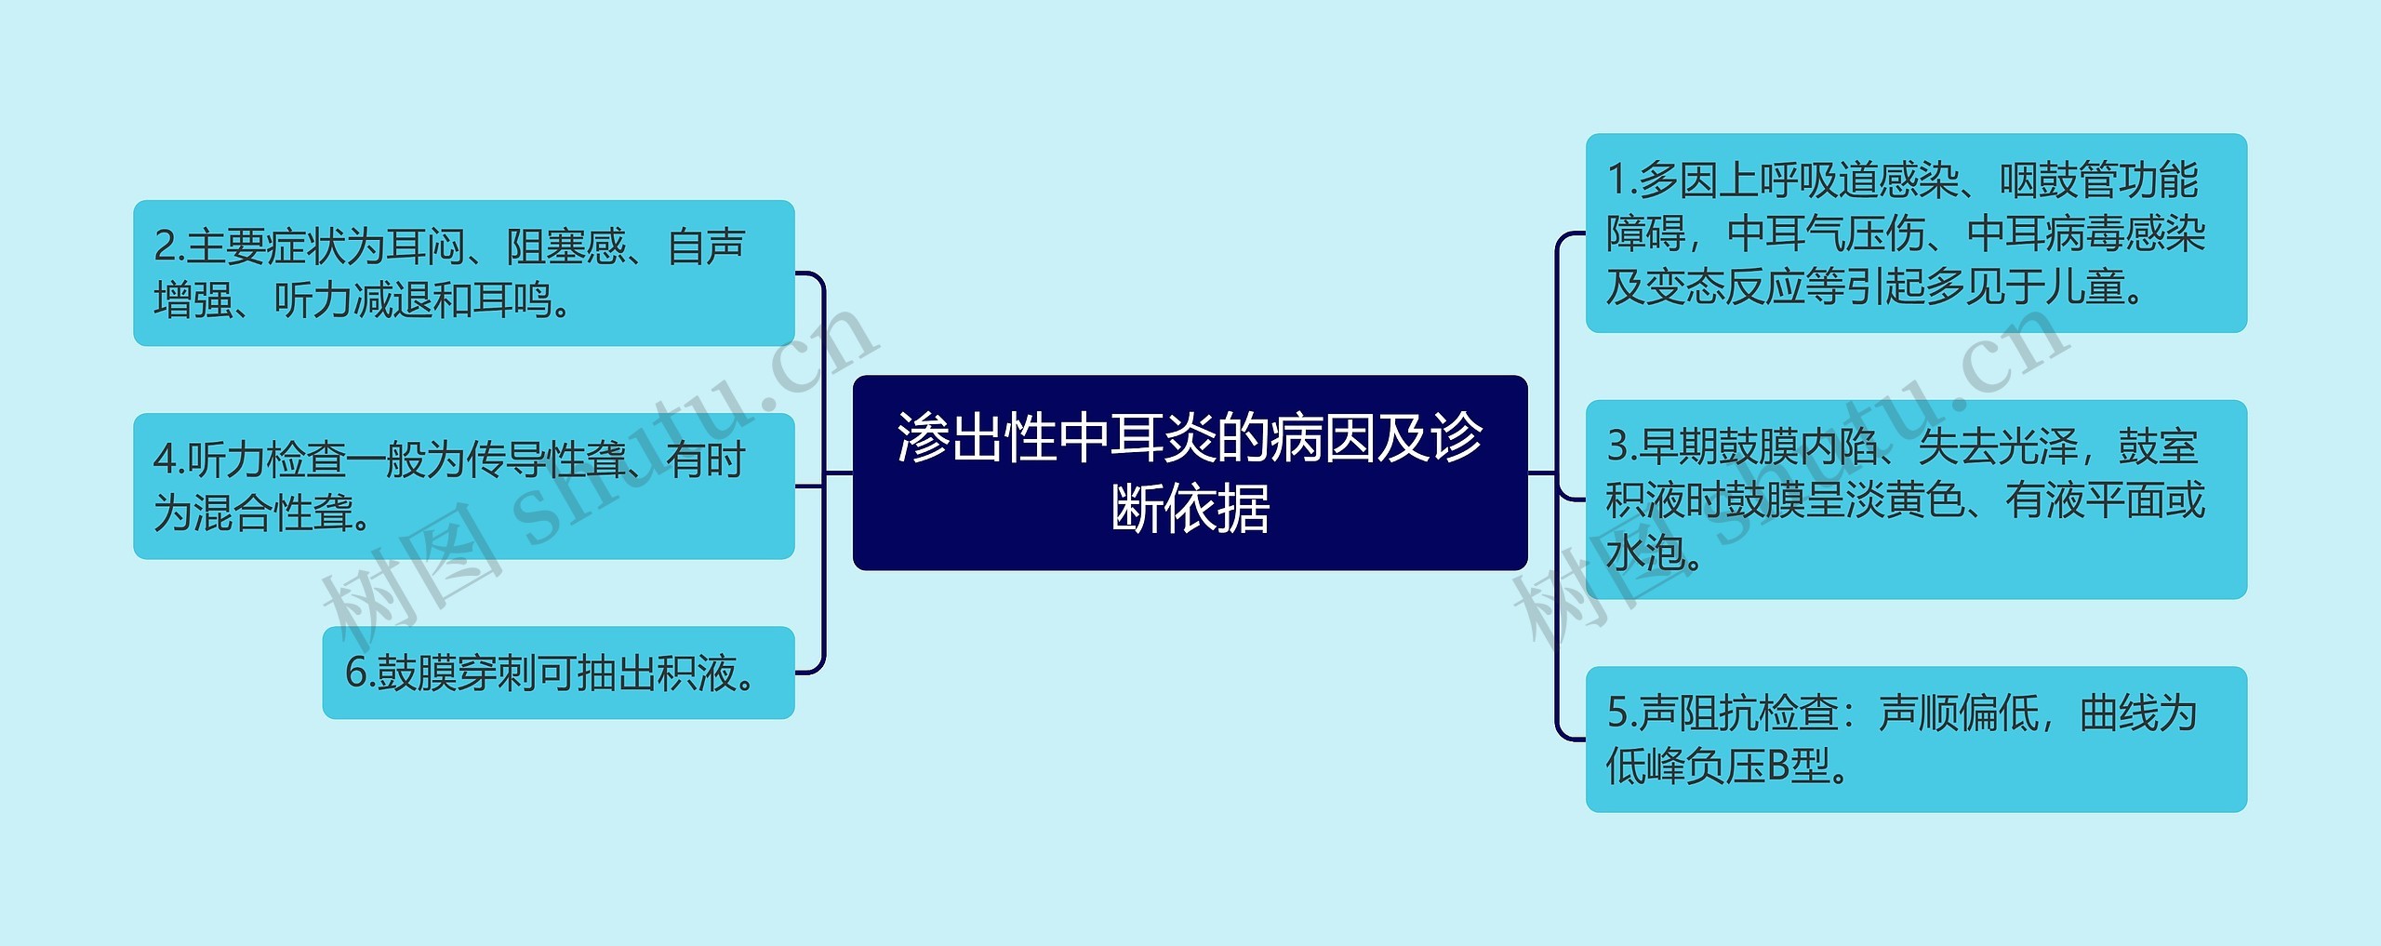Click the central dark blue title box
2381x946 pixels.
1190,472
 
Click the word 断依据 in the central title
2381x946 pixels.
1190,509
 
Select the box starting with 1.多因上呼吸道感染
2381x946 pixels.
1915,233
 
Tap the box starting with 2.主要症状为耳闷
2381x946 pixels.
463,273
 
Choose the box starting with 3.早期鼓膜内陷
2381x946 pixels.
1915,500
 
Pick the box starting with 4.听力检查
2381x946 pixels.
463,486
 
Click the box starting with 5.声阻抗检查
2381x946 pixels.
1915,739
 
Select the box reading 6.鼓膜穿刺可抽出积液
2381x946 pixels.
558,673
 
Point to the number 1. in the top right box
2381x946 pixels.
1621,180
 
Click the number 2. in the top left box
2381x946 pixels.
168,247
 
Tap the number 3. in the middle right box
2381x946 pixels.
1621,447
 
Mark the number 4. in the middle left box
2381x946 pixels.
168,460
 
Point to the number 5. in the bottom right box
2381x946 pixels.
1621,713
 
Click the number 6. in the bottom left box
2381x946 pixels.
359,673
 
